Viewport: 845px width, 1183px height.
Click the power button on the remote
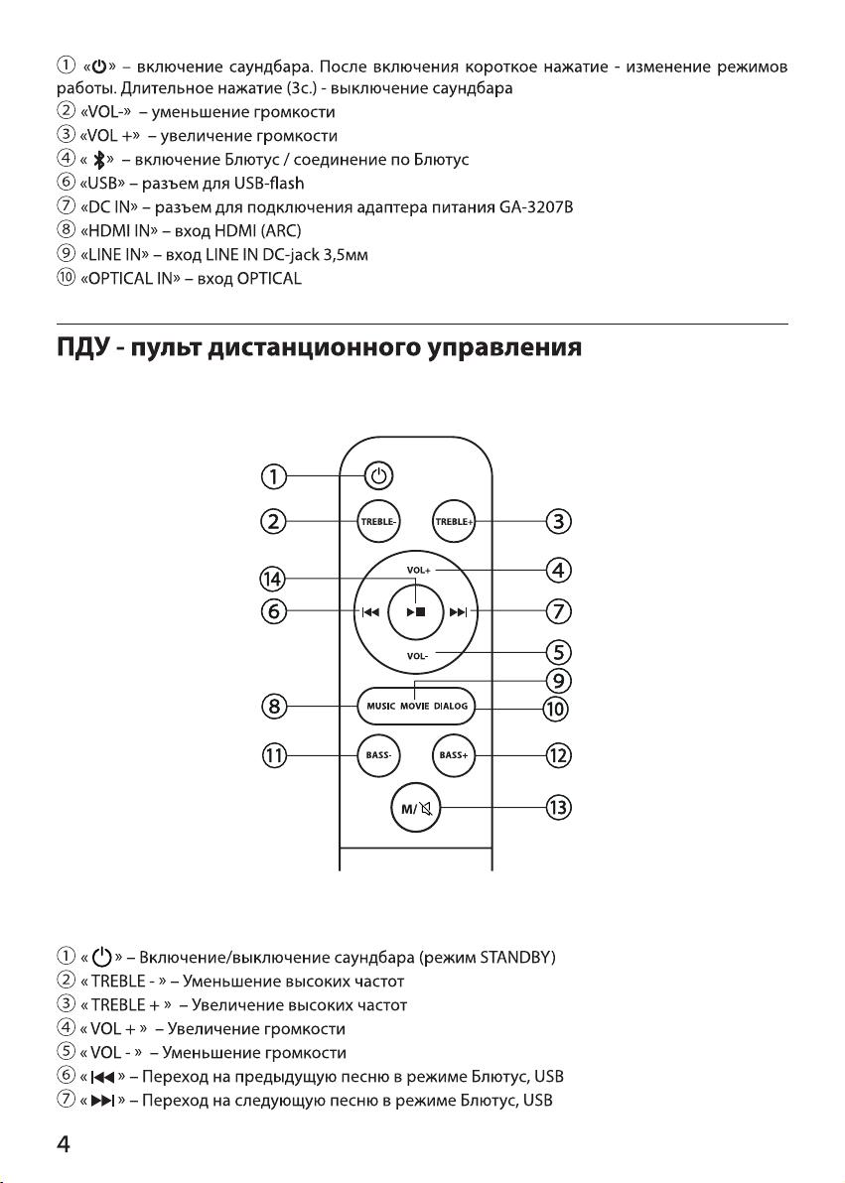point(379,476)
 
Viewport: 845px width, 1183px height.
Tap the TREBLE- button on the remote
point(378,521)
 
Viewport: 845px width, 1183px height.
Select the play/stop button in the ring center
point(416,612)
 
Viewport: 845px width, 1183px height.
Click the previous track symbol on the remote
point(370,612)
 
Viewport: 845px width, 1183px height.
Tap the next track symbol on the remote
point(459,612)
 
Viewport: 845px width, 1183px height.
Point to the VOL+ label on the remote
point(418,571)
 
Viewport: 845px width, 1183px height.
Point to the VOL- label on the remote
point(418,656)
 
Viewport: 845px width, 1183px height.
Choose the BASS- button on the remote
point(378,754)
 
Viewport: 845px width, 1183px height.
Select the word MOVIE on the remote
point(415,707)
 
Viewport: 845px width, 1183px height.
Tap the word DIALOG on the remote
point(451,707)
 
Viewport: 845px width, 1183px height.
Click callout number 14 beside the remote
point(273,579)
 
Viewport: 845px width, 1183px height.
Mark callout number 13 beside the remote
point(558,808)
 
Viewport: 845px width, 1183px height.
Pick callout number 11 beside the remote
point(274,755)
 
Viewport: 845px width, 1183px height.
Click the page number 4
point(64,1144)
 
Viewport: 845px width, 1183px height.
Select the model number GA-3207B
point(536,206)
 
